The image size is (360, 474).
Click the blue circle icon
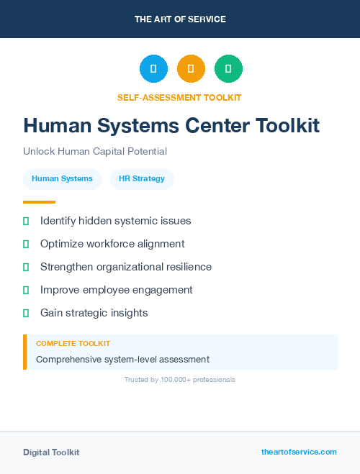pos(153,69)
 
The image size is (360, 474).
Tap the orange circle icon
pos(191,69)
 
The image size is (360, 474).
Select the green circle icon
pos(228,69)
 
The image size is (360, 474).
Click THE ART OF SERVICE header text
pos(180,19)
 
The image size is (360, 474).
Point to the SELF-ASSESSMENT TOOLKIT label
pos(180,97)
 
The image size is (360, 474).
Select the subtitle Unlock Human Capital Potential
pos(95,152)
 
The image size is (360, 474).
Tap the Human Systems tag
pos(62,178)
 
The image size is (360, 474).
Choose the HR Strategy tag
pos(142,178)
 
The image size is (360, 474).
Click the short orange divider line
pos(39,202)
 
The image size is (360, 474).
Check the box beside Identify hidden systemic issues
pos(26,221)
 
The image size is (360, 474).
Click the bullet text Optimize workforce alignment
pos(112,244)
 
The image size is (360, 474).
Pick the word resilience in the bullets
pos(186,267)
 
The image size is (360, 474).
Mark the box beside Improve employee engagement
pos(26,290)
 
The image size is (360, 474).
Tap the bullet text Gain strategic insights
pos(94,313)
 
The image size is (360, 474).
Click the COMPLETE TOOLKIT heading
pos(73,344)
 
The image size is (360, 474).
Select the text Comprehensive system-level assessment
pos(122,359)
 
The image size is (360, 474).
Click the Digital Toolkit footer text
pos(51,452)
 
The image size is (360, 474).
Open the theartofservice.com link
pos(299,452)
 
